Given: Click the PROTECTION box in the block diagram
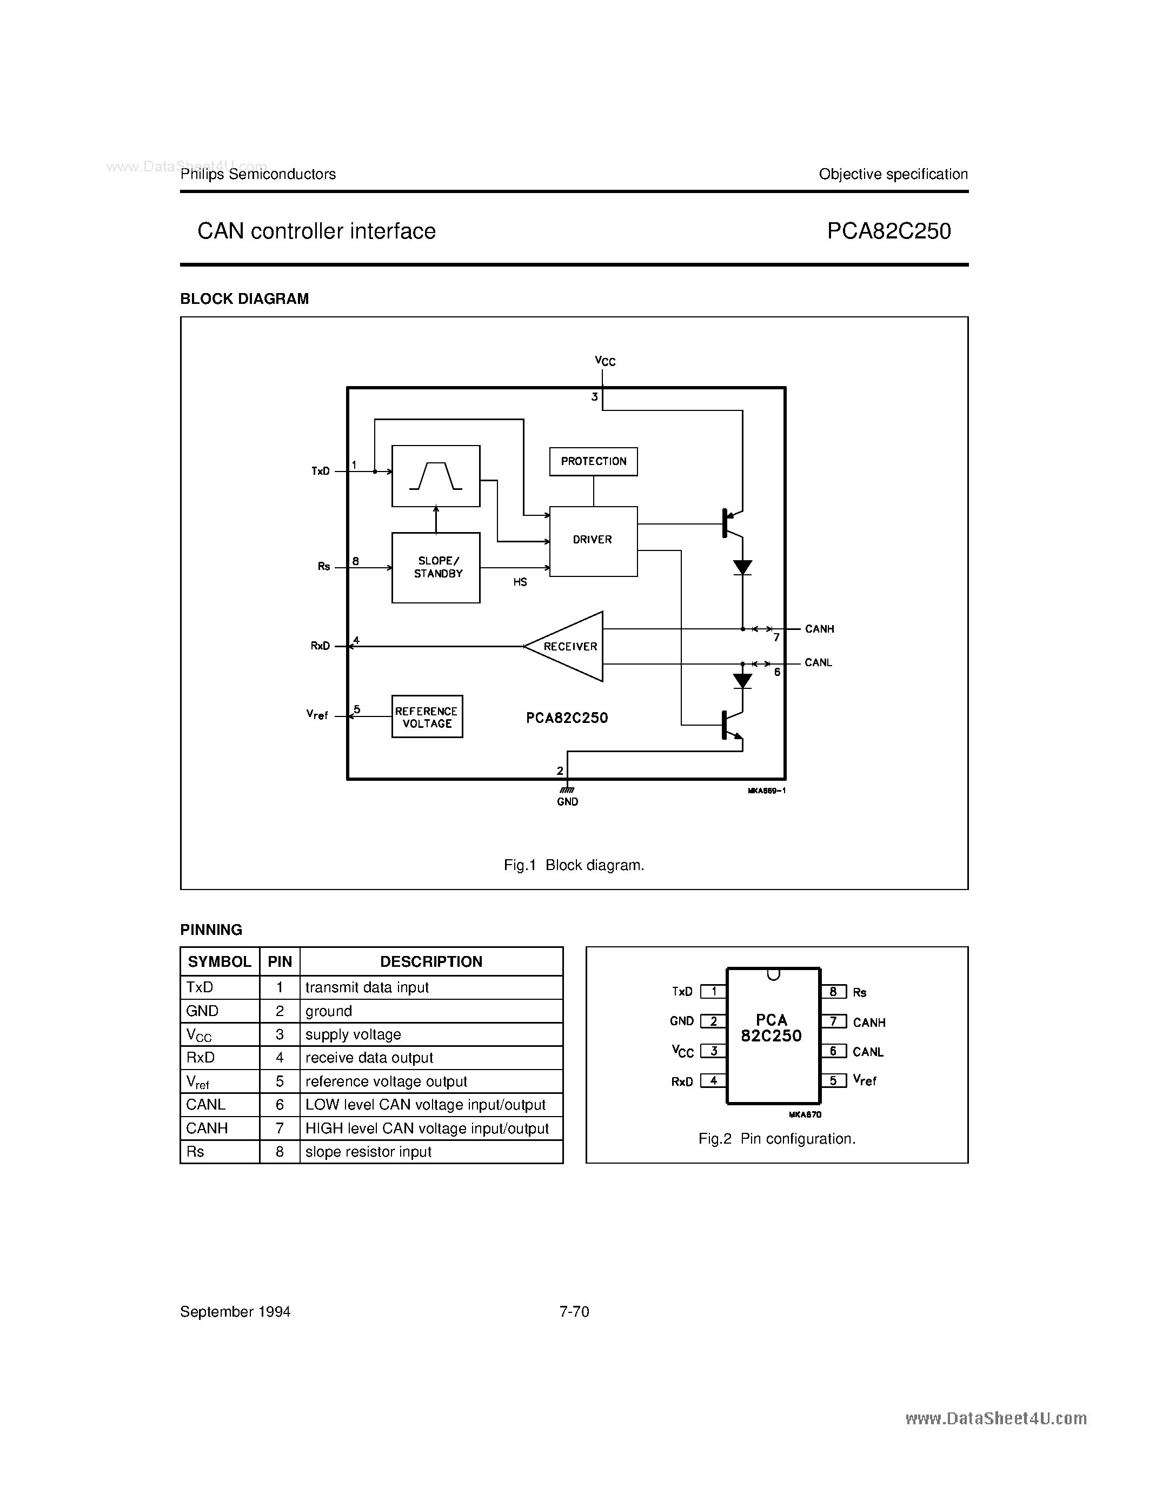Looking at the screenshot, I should pos(593,462).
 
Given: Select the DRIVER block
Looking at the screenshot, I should pos(593,541).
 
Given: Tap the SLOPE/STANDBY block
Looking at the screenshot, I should pos(436,567).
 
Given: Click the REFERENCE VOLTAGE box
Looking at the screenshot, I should pos(427,717).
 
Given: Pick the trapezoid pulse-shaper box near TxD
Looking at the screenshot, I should pos(436,476).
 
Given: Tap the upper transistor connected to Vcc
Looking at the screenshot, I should pos(730,523).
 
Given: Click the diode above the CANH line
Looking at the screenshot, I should pos(742,567).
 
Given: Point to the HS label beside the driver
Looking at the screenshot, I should pos(520,582).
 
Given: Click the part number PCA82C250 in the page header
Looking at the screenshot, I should pos(888,231).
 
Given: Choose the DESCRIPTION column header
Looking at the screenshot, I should pos(431,961).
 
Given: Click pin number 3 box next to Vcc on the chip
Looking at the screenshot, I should pos(713,1051).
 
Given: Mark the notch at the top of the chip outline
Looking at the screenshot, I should pos(773,974).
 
